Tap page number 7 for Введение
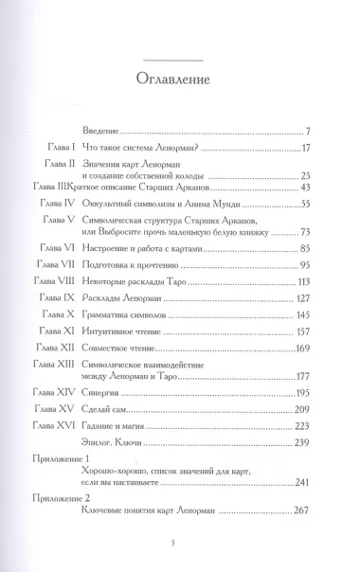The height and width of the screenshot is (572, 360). pos(297,130)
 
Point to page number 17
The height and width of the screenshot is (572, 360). pos(294,150)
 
